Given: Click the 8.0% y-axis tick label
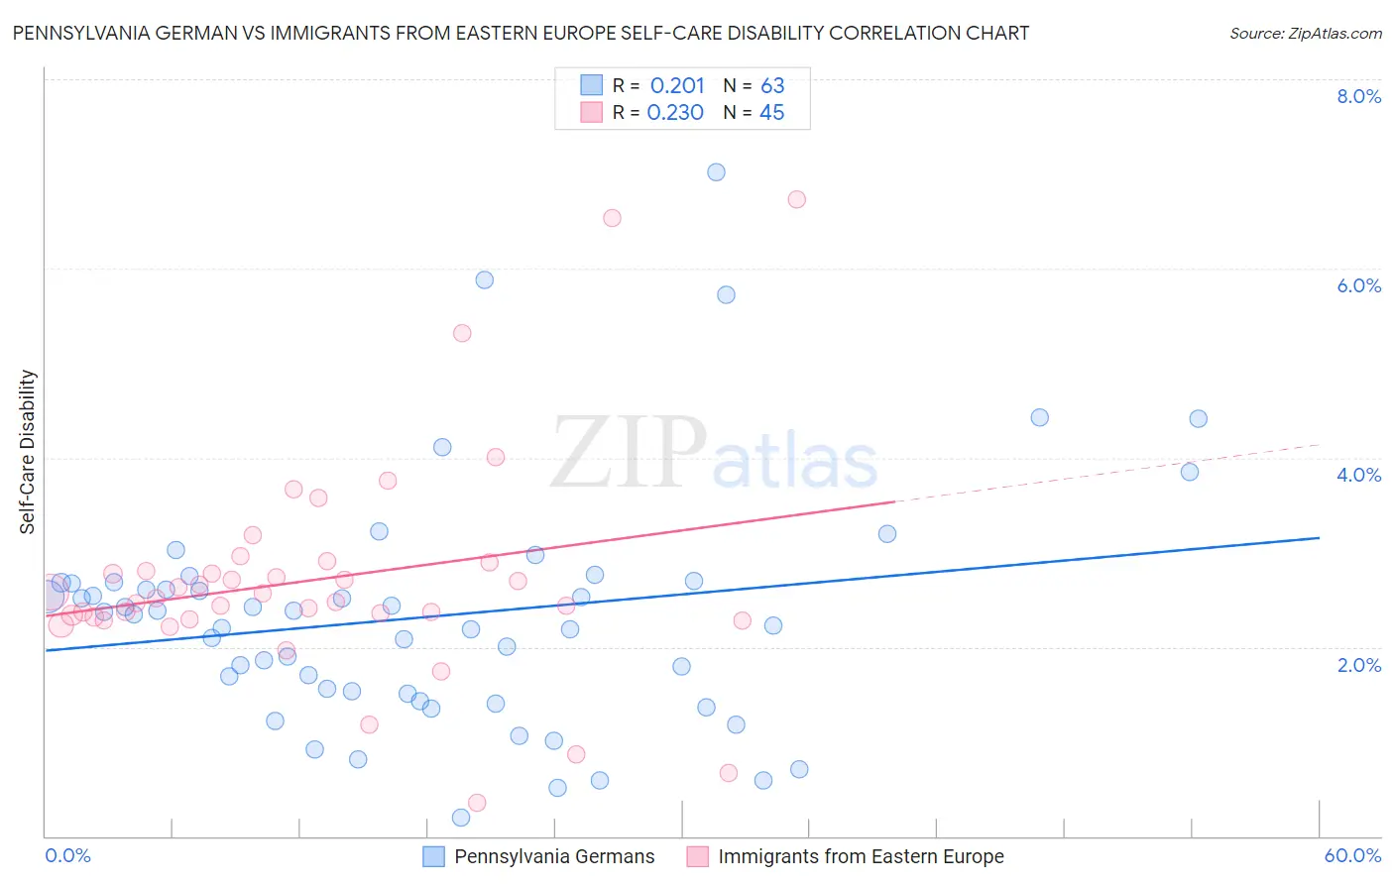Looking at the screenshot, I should point(1358,96).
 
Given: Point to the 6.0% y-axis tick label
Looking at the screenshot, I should point(1358,285).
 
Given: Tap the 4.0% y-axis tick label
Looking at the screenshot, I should point(1358,475).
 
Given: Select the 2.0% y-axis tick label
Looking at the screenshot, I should point(1358,665).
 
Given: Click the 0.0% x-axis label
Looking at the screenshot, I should point(67,855).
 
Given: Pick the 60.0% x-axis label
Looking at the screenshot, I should point(1352,855).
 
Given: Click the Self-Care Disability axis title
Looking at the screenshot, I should point(28,452).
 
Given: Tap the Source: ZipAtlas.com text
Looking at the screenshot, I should point(1305,33).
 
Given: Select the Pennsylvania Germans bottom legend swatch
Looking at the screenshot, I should point(433,856).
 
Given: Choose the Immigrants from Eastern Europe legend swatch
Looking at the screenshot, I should point(698,856).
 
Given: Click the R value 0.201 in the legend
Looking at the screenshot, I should point(677,85).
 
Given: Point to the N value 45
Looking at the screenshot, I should point(771,113).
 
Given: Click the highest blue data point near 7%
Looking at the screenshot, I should point(716,172).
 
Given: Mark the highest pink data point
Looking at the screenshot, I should point(796,199).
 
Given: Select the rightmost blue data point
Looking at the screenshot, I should point(1198,419).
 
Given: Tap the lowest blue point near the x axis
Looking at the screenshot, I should point(461,818).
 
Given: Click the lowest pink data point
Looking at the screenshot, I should point(477,803).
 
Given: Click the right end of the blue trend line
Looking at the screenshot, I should point(1319,537).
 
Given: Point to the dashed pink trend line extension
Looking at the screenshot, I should point(1110,475).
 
